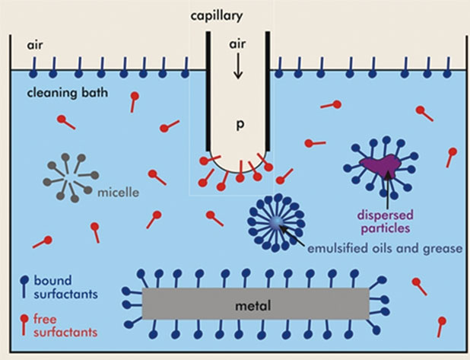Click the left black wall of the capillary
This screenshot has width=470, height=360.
click(207, 91)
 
